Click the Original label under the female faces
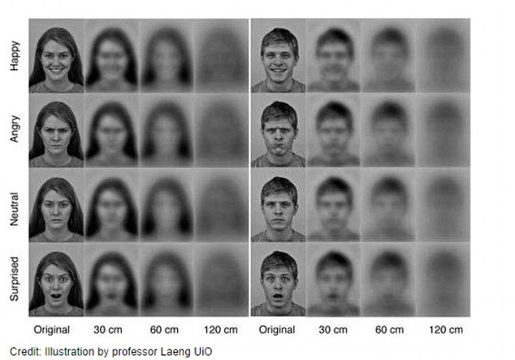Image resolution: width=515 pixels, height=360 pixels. (52, 331)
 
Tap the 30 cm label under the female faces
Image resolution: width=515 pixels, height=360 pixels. (111, 331)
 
